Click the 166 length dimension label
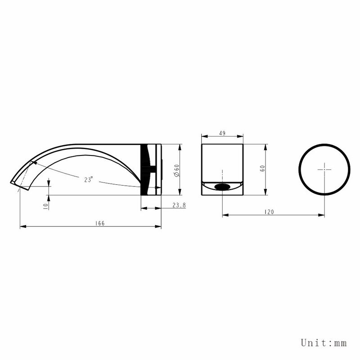tap(100, 223)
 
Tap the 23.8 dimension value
tap(179, 205)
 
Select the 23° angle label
tap(89, 179)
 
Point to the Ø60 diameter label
tap(177, 170)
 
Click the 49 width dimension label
tap(222, 133)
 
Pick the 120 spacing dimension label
tap(269, 212)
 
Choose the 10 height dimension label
tap(45, 206)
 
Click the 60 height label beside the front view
tap(262, 168)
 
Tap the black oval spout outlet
tap(222, 187)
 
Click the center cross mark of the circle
tap(324, 169)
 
